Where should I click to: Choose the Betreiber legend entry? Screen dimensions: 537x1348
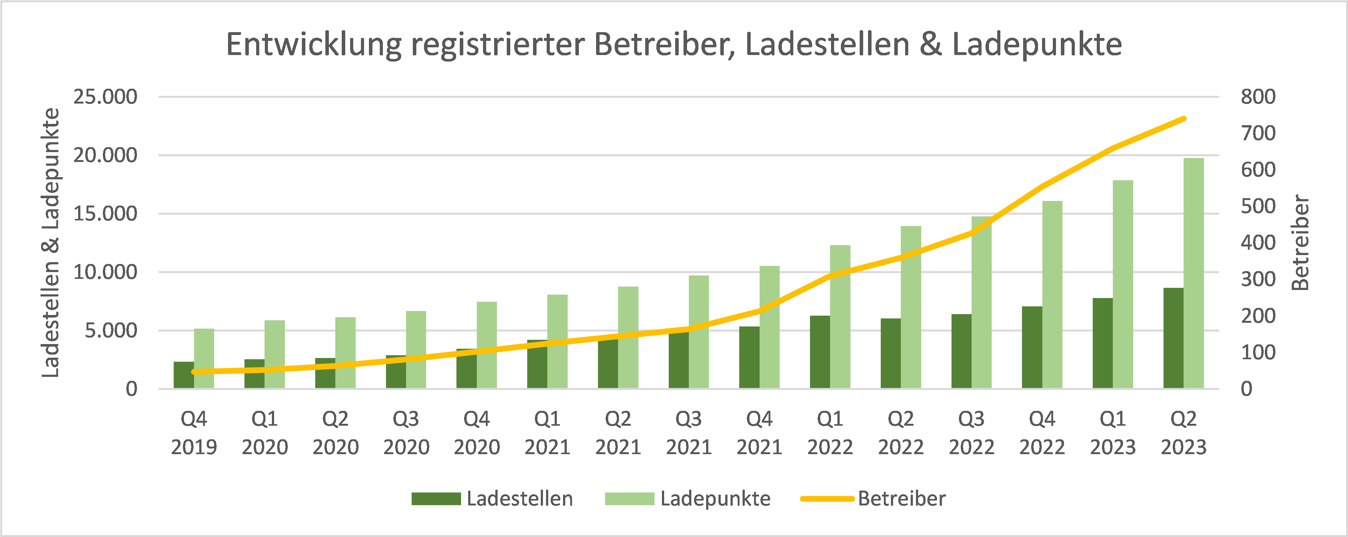tap(874, 498)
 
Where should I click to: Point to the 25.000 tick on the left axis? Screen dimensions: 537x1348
tap(105, 97)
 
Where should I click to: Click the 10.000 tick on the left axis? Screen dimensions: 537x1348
tap(105, 272)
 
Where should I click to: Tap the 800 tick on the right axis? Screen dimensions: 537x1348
tap(1258, 97)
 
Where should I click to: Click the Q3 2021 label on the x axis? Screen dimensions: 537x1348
tap(689, 433)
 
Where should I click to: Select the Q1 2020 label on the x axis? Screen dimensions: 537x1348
tap(265, 433)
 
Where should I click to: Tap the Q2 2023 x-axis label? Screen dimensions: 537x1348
tap(1184, 433)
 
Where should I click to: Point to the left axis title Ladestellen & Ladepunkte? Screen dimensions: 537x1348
tap(51, 242)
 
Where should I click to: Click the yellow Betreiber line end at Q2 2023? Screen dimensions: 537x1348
tap(1184, 119)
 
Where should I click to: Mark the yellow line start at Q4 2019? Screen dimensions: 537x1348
tap(194, 372)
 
